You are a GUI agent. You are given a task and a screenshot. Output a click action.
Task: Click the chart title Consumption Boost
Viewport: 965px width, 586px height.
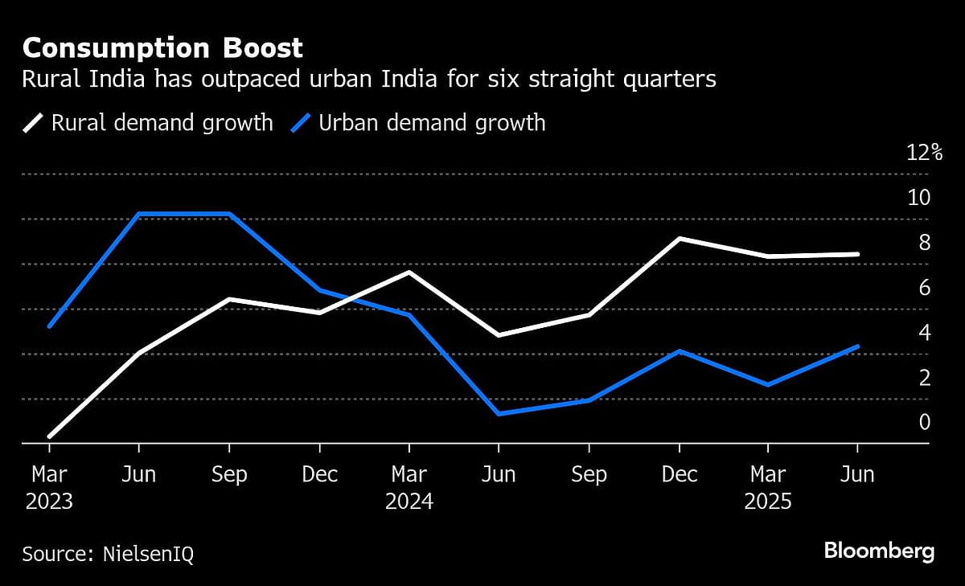tap(162, 48)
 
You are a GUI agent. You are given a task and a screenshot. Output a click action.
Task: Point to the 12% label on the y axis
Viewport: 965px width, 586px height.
tap(924, 153)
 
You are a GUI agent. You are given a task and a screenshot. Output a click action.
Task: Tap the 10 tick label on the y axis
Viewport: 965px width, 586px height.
tap(918, 198)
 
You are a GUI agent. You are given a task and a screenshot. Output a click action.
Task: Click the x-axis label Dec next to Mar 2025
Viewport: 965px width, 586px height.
tap(679, 475)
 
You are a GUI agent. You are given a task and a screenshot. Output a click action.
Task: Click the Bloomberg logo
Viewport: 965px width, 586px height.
tap(879, 551)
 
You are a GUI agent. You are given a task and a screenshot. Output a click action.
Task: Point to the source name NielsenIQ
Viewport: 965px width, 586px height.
tap(148, 554)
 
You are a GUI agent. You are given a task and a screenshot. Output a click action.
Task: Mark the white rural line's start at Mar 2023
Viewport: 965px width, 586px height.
tap(50, 436)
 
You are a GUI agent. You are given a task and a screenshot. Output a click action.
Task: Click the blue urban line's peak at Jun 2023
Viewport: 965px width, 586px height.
tap(140, 214)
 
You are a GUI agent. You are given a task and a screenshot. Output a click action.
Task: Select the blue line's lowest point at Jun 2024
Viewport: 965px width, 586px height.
tap(499, 414)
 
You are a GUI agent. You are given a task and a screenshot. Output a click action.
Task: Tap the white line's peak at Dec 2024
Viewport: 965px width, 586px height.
tap(679, 239)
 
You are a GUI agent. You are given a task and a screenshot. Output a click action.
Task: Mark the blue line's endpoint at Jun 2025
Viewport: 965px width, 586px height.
tap(858, 346)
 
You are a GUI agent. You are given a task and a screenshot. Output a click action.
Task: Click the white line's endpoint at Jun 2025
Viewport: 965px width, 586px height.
tap(858, 254)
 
